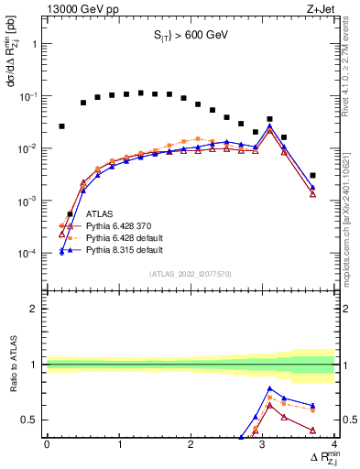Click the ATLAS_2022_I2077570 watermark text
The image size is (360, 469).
pos(190,273)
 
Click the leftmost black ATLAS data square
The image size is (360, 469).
pos(61,126)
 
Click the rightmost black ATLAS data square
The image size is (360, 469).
pos(312,175)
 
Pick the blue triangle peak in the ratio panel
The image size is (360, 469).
pos(269,388)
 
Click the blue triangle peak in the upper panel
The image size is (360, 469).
pos(269,125)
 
